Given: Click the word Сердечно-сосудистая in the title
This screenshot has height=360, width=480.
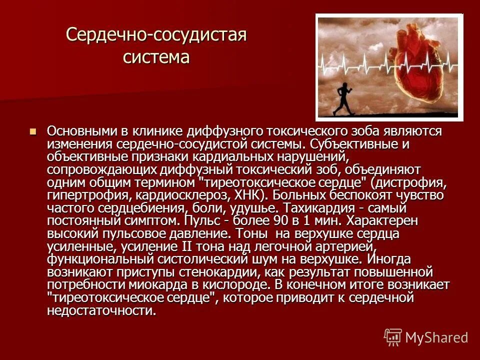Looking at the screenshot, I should [156, 35].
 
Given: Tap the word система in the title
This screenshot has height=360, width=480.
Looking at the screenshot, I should [156, 57].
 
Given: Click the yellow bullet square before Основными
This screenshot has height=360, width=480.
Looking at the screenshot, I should [33, 132].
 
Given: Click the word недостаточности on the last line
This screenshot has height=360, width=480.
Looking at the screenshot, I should [100, 311].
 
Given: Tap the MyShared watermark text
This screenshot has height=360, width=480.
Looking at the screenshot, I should [436, 337].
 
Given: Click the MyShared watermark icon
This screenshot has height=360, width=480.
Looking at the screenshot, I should [393, 337].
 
